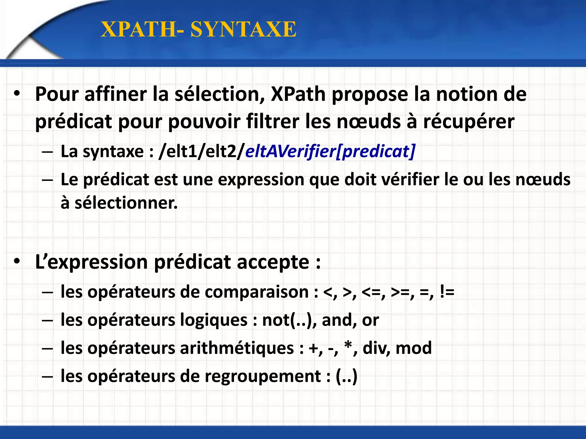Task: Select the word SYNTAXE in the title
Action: [x=243, y=29]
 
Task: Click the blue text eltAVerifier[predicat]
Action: [x=330, y=151]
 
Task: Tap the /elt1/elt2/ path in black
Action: [x=202, y=151]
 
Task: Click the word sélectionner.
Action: [x=126, y=203]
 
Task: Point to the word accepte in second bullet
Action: [x=273, y=262]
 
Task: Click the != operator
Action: [x=447, y=292]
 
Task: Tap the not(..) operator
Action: [x=289, y=320]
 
